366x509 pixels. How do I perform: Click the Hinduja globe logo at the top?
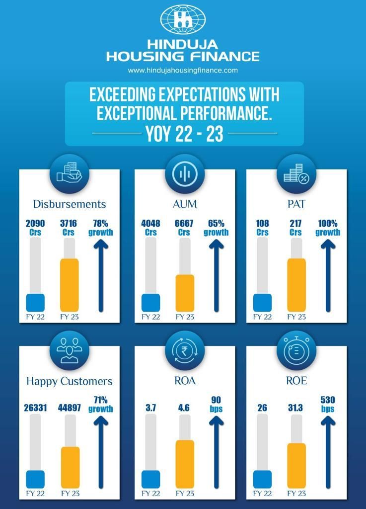[183, 19]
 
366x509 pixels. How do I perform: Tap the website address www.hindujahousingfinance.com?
[183, 71]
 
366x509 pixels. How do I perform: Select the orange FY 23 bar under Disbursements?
[69, 284]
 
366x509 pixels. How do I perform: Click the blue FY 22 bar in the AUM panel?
[150, 303]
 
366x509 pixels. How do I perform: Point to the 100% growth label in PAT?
[328, 228]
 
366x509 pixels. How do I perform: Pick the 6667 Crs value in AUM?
[184, 228]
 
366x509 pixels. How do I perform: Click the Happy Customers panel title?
[70, 381]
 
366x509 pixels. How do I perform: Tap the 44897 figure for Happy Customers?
[70, 408]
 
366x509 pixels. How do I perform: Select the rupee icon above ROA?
[184, 351]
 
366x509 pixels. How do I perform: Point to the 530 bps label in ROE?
[328, 404]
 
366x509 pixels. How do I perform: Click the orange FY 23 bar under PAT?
[296, 284]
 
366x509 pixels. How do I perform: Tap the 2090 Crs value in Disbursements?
[36, 228]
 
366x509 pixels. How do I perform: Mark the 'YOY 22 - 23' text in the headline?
[184, 134]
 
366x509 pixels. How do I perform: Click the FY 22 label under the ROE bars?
[262, 494]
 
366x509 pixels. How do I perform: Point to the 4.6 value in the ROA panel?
[184, 408]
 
